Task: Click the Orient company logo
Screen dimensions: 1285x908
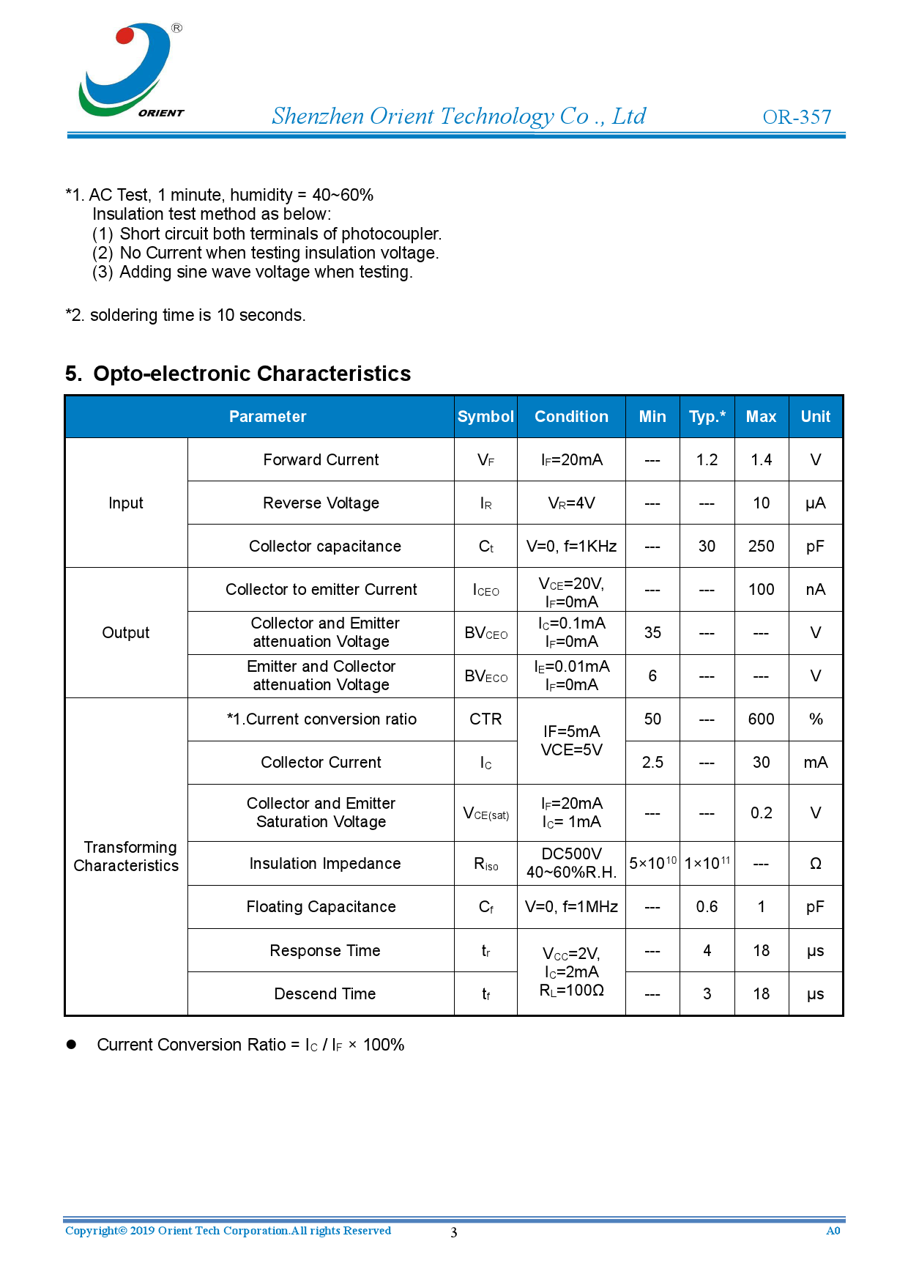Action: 130,70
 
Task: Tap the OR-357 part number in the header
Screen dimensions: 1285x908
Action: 797,117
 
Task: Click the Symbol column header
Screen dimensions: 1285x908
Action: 485,417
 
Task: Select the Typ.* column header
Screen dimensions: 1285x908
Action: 707,417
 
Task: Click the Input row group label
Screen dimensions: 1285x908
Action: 126,503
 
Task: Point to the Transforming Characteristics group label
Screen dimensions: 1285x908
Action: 126,856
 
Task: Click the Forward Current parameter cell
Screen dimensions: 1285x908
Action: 321,460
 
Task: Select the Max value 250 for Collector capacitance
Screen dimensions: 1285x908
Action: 761,547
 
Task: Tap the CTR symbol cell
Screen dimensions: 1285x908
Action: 485,719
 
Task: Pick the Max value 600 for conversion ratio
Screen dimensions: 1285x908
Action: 761,719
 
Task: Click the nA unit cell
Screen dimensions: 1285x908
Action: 815,590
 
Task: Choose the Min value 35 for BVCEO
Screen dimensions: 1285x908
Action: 652,633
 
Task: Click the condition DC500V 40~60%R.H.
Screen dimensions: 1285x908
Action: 571,863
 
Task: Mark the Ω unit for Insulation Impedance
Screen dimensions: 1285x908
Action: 815,864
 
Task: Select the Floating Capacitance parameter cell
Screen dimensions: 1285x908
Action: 321,907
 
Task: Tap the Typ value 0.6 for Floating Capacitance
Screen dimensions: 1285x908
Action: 707,907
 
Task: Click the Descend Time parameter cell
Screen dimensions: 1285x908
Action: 324,994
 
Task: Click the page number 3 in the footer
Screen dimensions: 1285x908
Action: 454,1232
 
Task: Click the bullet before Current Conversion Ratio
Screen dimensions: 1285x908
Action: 72,1045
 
